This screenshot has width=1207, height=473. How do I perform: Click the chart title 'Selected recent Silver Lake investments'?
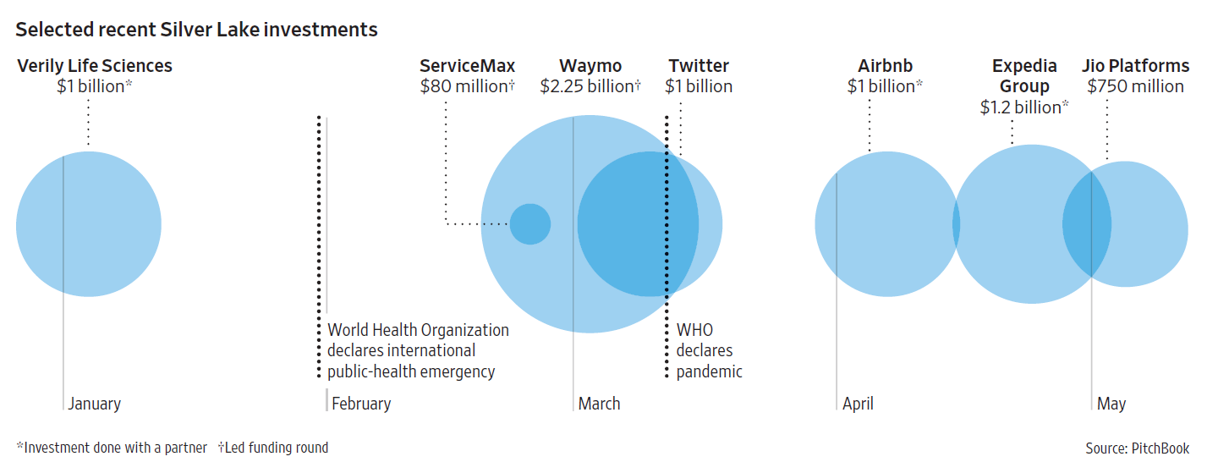coord(196,30)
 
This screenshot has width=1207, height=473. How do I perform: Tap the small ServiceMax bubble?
coord(529,224)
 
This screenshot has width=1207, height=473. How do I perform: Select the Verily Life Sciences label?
coord(95,66)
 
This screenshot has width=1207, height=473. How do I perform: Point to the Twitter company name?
coord(698,66)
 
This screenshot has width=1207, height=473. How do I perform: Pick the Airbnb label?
coord(885,66)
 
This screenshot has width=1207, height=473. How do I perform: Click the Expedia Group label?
coord(1024,76)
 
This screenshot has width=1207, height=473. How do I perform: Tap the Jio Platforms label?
coord(1135,66)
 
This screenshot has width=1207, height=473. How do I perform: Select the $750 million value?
coord(1135,86)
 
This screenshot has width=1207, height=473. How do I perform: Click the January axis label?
coord(95,404)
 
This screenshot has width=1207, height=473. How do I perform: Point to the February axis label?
coord(361,404)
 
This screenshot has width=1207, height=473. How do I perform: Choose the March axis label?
coord(599,404)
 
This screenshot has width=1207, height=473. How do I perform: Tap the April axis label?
coord(858,404)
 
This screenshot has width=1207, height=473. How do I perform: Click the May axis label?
coord(1111,404)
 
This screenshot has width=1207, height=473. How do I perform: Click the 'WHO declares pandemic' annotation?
coord(709,350)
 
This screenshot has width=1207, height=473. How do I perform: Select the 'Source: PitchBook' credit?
coord(1137,448)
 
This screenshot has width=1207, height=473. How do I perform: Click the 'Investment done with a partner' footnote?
coord(113,448)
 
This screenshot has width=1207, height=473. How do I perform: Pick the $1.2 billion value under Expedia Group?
coord(1023,107)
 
